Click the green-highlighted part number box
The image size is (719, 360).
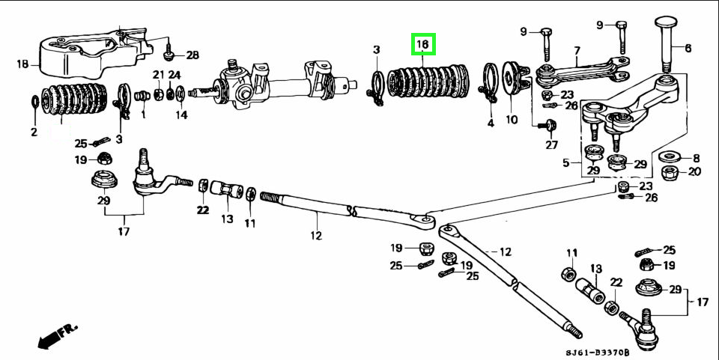coord(422,45)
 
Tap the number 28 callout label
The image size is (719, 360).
coord(192,55)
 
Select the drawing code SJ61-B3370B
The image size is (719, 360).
coord(597,353)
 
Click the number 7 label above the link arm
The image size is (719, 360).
coord(577,51)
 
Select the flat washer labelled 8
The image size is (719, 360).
coord(668,158)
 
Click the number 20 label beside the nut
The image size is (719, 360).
coord(694,171)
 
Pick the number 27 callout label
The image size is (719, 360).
coord(552,145)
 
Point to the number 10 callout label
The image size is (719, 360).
coord(512,120)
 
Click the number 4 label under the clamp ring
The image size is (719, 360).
coord(491,123)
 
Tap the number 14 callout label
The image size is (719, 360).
coord(181,115)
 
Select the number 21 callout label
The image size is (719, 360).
coord(158,75)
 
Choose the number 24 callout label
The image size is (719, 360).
coord(174,75)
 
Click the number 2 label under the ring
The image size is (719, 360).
coord(34,132)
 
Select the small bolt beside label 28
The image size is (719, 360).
coord(170,52)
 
